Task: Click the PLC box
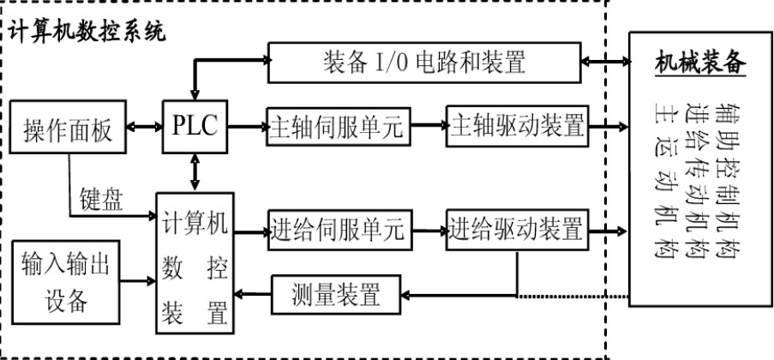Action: click(x=196, y=129)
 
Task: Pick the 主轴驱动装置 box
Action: click(x=516, y=129)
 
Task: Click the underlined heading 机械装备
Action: click(x=699, y=63)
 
